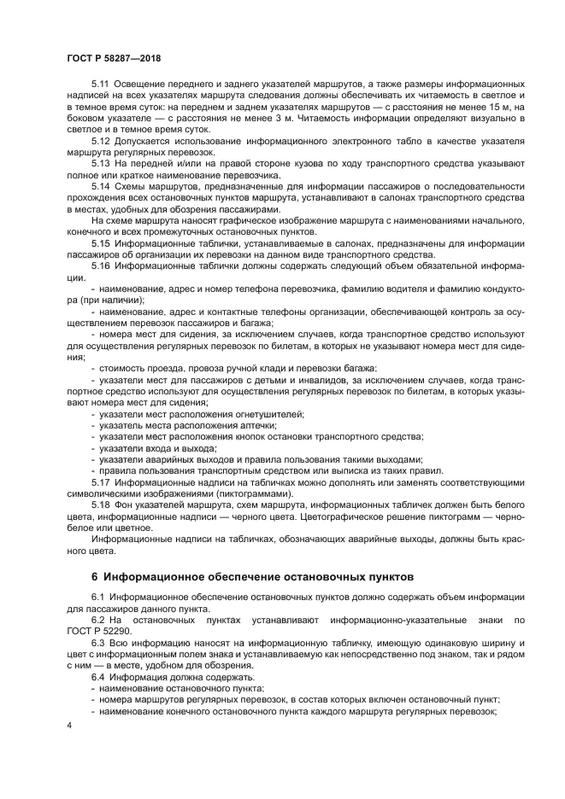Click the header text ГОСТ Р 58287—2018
(x=114, y=57)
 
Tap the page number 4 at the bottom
(x=69, y=725)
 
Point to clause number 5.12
(x=100, y=139)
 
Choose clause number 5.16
(x=100, y=265)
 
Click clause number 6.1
(x=98, y=594)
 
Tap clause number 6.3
(x=98, y=641)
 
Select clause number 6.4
(x=98, y=676)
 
